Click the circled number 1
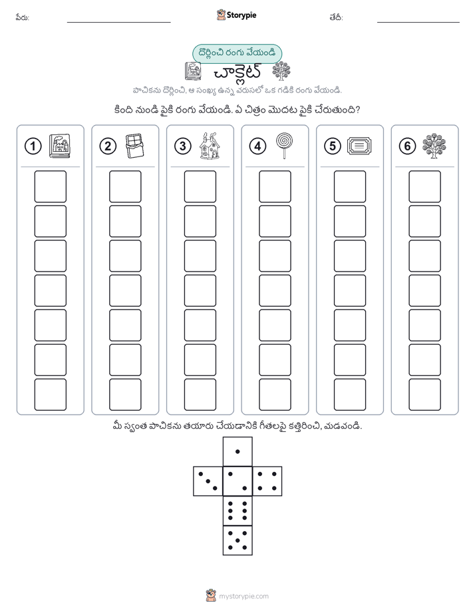coord(33,146)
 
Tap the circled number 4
coord(257,146)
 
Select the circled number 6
coord(407,146)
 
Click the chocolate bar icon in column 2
coord(134,146)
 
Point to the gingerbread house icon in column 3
coord(210,146)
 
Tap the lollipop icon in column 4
coord(284,146)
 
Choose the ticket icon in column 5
coord(359,146)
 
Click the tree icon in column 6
coord(434,146)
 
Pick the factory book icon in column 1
coord(60,146)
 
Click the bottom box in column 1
coord(50,395)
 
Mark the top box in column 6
coord(425,186)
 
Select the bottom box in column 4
coord(275,395)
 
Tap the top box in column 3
coord(200,186)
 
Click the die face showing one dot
coord(237,451)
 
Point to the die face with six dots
coord(237,511)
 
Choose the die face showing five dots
coord(237,540)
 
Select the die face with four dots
coord(267,481)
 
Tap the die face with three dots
coord(208,481)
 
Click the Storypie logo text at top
coord(241,15)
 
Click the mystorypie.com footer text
coord(243,596)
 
